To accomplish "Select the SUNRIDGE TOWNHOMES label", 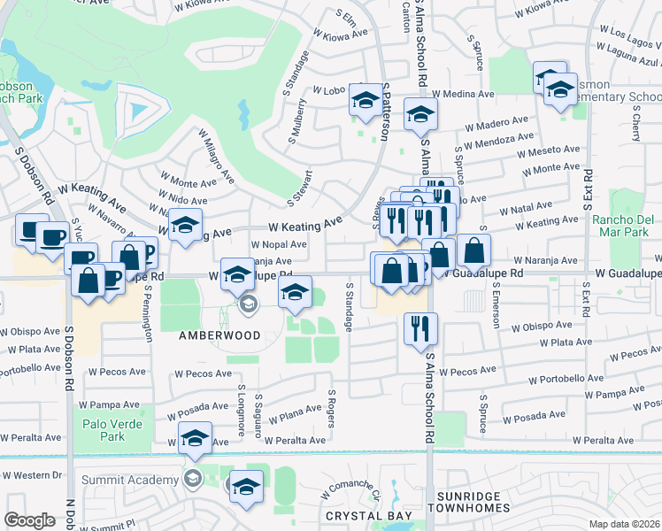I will [469, 502].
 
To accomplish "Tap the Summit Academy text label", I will [131, 480].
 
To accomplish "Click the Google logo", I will [30, 520].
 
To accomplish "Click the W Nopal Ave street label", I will [279, 244].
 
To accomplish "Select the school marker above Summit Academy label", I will [195, 438].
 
